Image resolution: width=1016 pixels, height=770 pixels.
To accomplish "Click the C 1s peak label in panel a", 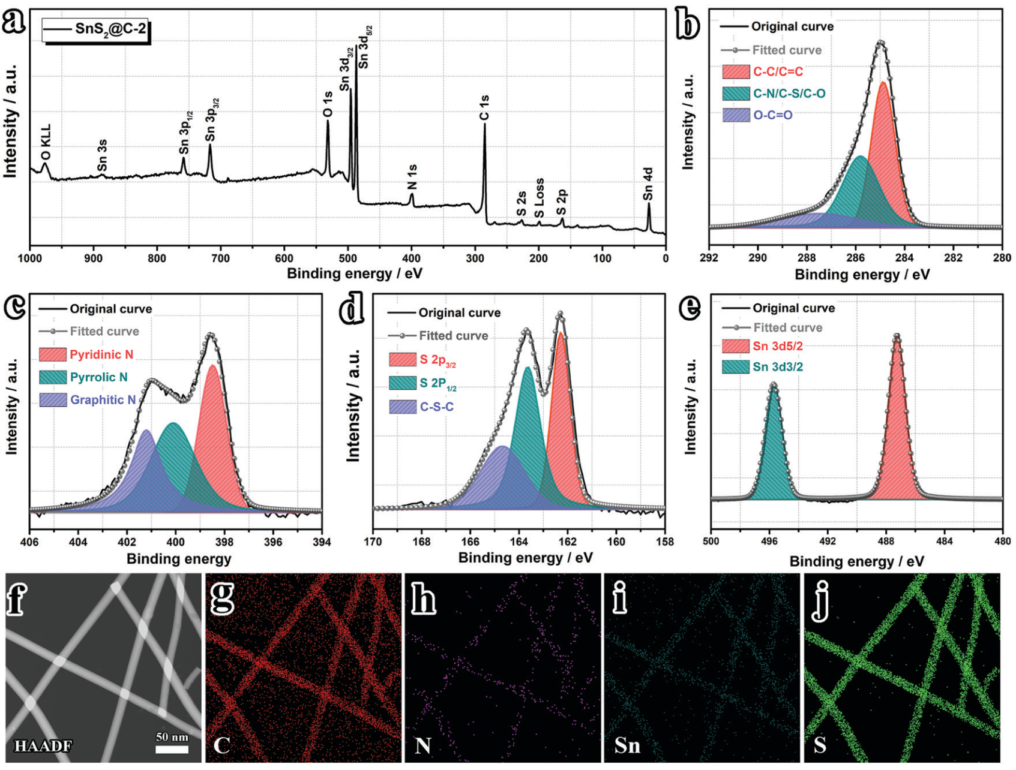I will (x=484, y=107).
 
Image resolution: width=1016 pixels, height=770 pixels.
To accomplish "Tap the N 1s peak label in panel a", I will (x=412, y=177).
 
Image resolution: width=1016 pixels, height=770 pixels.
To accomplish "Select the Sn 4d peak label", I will (x=648, y=184).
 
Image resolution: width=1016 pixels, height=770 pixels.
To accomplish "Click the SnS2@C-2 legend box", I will (x=95, y=29).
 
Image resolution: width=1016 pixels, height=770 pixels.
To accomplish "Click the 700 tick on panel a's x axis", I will (x=221, y=258).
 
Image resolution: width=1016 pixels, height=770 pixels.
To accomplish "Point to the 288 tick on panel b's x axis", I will (x=807, y=258).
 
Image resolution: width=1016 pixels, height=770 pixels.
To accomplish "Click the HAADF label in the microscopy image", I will (x=43, y=746).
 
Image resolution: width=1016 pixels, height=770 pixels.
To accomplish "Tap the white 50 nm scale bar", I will (x=172, y=749).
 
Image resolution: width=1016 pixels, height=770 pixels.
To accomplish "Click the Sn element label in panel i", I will (x=627, y=745).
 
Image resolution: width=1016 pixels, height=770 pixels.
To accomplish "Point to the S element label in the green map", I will (x=820, y=745).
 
